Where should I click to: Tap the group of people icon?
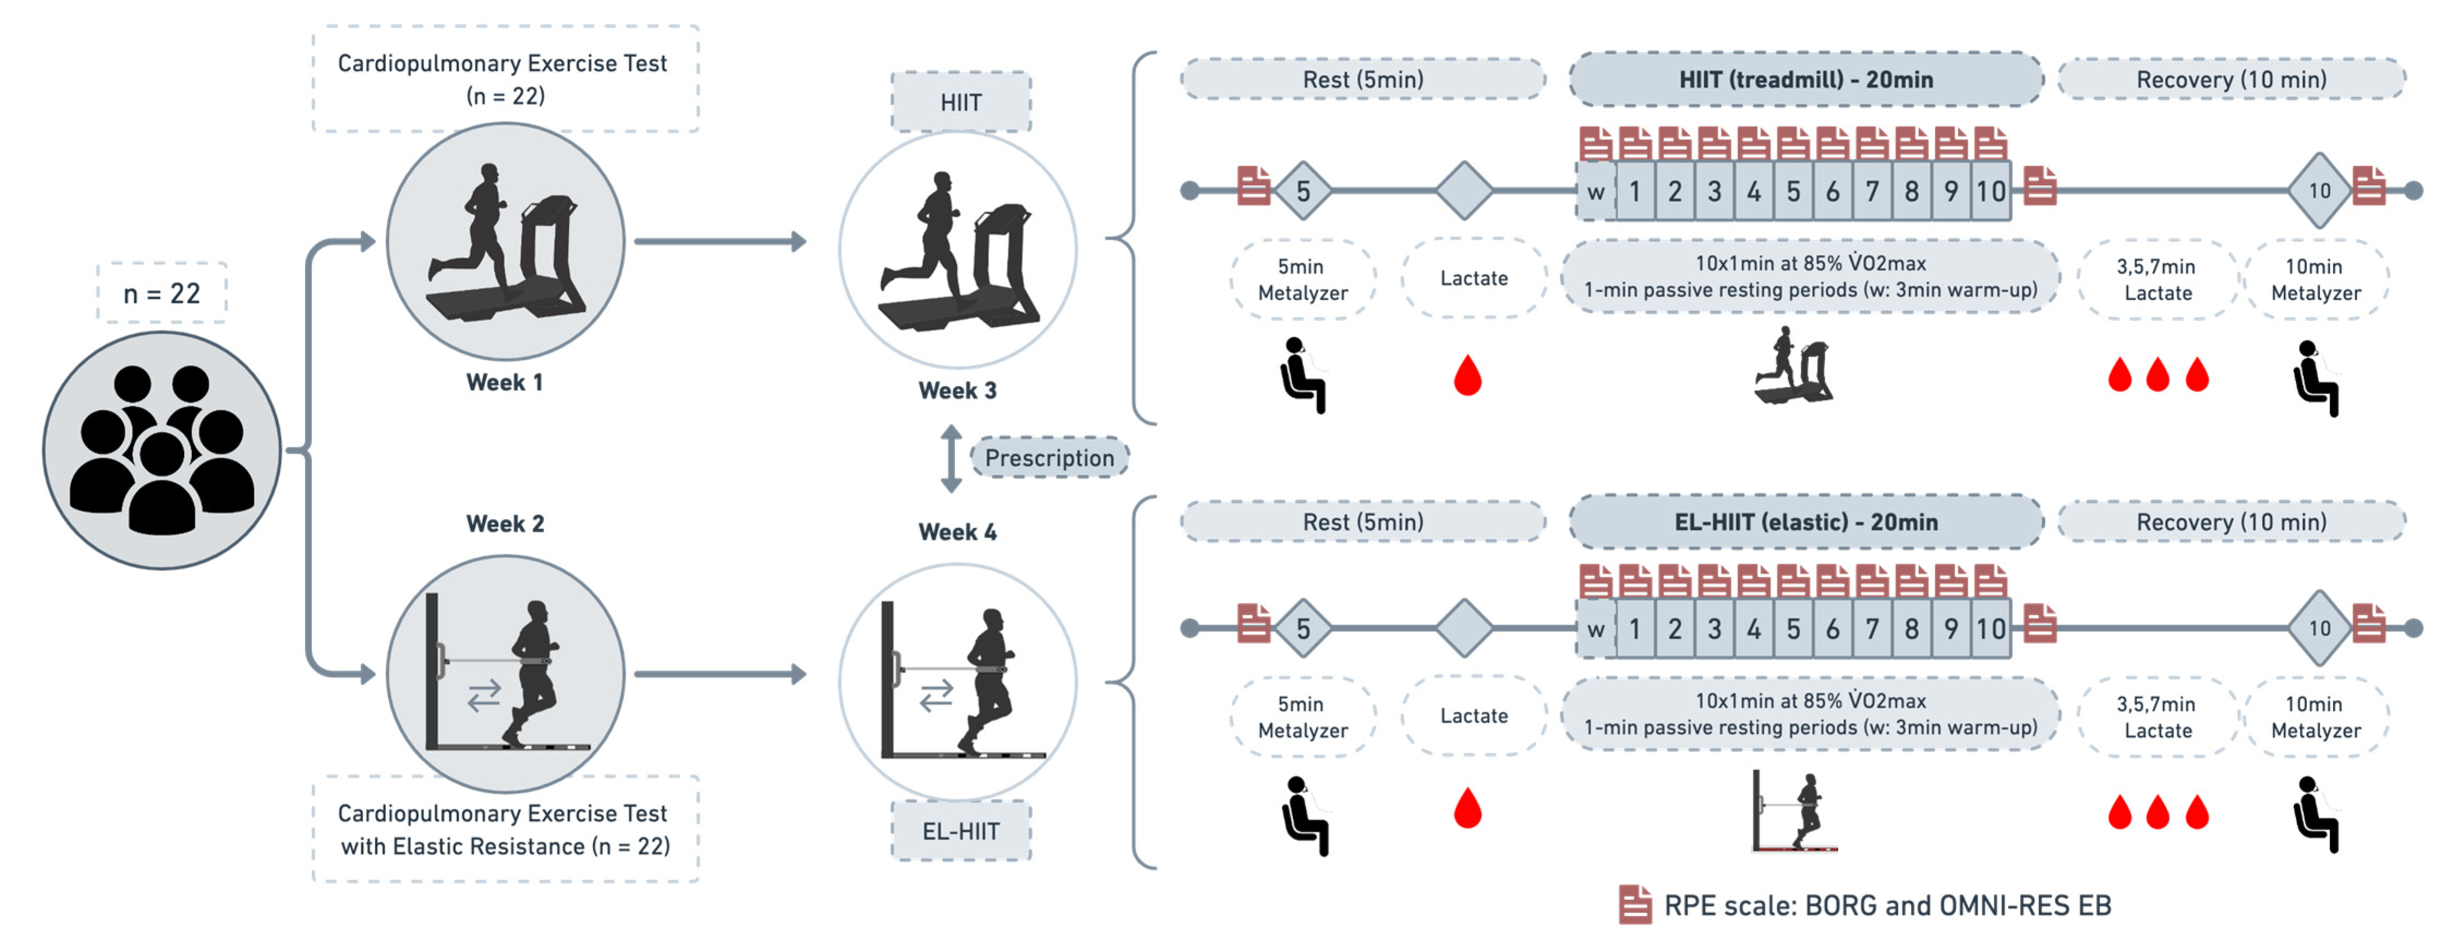(162, 450)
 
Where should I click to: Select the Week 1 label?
(505, 382)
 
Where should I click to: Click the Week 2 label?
(505, 523)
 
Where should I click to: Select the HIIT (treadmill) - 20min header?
(1806, 79)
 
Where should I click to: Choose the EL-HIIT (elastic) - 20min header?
(1806, 522)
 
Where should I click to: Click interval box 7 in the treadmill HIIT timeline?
(1871, 191)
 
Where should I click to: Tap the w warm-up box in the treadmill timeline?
(1596, 191)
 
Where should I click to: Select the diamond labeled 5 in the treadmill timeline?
(1303, 191)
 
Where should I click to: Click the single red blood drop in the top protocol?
(1468, 376)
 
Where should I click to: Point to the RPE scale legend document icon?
(1635, 904)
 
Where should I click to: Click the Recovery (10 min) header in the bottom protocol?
(2231, 522)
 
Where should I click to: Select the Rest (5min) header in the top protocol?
(1363, 79)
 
